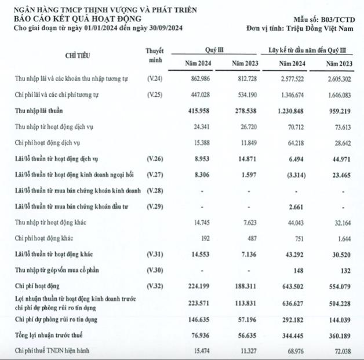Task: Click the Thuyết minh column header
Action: point(155,55)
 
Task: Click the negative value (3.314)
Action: point(292,173)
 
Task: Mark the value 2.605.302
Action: point(337,78)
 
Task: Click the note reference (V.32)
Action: point(155,285)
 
